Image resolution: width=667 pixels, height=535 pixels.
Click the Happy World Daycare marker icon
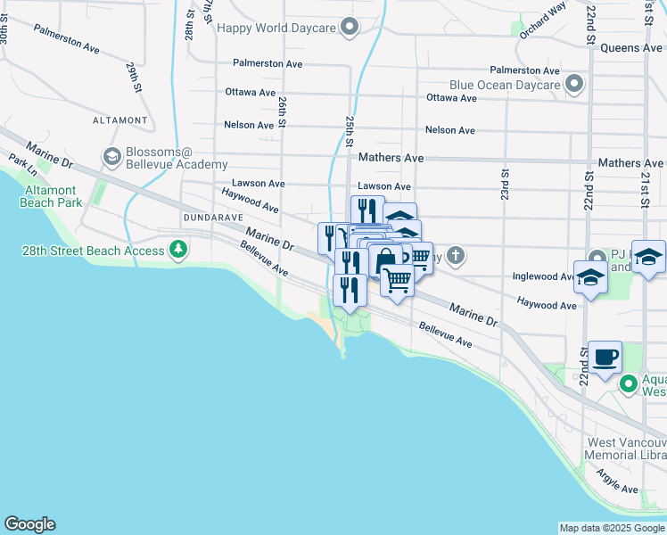350,28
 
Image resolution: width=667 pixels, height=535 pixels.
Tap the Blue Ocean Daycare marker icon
574,86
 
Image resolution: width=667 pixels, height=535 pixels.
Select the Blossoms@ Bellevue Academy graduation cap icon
112,158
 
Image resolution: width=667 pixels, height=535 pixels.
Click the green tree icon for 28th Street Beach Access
179,251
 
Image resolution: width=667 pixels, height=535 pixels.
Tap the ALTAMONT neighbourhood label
119,119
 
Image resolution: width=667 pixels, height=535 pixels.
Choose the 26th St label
282,112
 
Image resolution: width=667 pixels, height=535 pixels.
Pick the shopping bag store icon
385,260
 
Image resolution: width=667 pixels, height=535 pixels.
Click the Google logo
29,524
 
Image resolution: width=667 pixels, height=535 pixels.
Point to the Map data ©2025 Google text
611,528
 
